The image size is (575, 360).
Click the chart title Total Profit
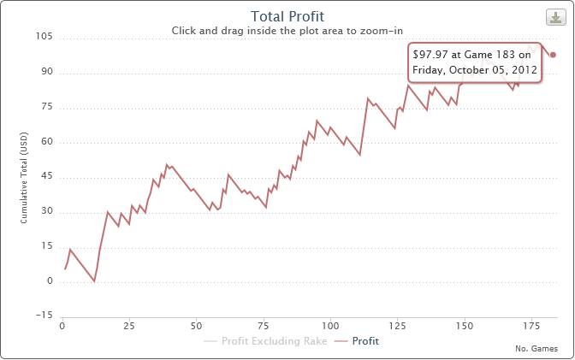coord(287,16)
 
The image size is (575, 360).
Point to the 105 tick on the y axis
coord(44,37)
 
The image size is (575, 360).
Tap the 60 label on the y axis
coord(47,142)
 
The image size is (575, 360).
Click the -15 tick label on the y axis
coord(44,316)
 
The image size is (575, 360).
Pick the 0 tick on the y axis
coord(50,281)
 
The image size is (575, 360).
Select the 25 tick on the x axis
coord(129,327)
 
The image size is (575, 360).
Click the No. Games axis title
coord(536,349)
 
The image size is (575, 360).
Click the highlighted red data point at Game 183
coord(554,55)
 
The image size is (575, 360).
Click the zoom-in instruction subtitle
coord(287,31)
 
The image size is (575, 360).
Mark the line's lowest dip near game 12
coord(95,281)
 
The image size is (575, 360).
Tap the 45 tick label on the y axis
coord(47,176)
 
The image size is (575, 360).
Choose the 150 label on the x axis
coord(464,327)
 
